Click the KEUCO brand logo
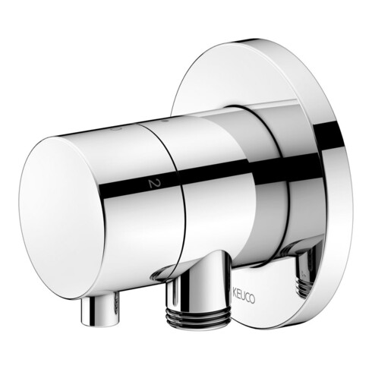pyautogui.click(x=244, y=298)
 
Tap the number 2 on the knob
pyautogui.click(x=153, y=184)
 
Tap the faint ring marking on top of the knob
pyautogui.click(x=115, y=129)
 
